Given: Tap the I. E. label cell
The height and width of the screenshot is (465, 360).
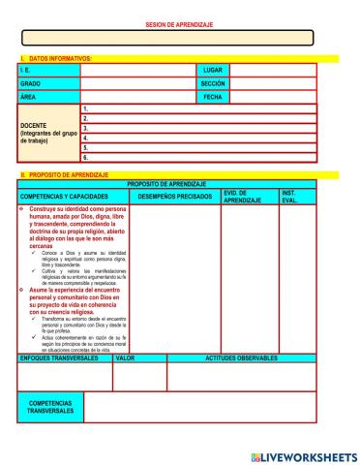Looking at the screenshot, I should click(48, 70).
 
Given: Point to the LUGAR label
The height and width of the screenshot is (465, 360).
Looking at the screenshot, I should click(213, 70).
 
